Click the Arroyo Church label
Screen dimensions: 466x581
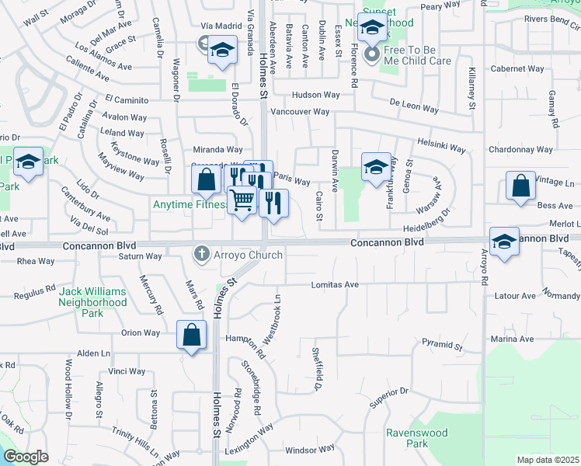pyautogui.click(x=245, y=253)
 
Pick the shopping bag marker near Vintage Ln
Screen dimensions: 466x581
pyautogui.click(x=520, y=186)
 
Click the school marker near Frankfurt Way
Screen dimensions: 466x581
pyautogui.click(x=376, y=167)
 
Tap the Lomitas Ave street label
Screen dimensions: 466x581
pyautogui.click(x=335, y=285)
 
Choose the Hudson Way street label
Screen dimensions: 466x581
pyautogui.click(x=316, y=95)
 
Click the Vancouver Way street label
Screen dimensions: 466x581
pyautogui.click(x=300, y=112)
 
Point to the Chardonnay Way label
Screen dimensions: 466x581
pyautogui.click(x=520, y=149)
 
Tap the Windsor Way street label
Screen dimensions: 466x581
pyautogui.click(x=311, y=449)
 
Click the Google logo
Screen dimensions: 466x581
pyautogui.click(x=26, y=457)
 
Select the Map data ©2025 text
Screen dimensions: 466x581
pyautogui.click(x=548, y=460)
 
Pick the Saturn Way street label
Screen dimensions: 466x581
pyautogui.click(x=140, y=256)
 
